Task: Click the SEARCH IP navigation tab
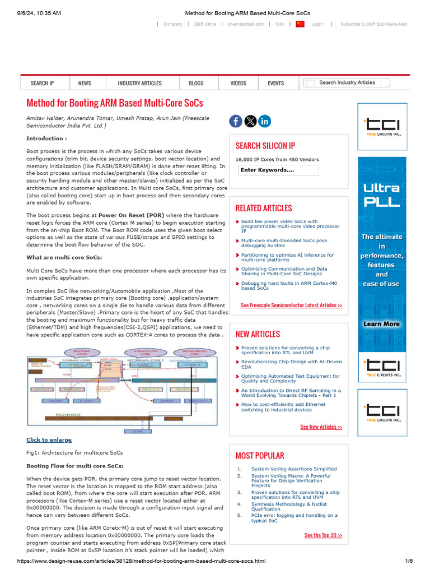[x=43, y=83]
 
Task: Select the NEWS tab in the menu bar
[x=85, y=83]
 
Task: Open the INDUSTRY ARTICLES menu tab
[x=139, y=83]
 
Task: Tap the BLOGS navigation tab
[x=196, y=83]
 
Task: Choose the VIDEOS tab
[x=238, y=83]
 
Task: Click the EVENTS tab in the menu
[x=275, y=83]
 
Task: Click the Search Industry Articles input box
[x=347, y=83]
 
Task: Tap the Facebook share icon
[x=236, y=121]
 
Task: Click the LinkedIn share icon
[x=265, y=121]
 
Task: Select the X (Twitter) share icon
[x=250, y=121]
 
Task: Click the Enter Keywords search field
[x=278, y=170]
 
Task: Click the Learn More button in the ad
[x=381, y=324]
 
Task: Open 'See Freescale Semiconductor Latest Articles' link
[x=291, y=305]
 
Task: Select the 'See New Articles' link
[x=321, y=427]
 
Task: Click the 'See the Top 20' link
[x=323, y=535]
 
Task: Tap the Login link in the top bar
[x=317, y=24]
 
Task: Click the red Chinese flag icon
[x=300, y=24]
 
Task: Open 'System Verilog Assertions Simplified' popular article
[x=294, y=469]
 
